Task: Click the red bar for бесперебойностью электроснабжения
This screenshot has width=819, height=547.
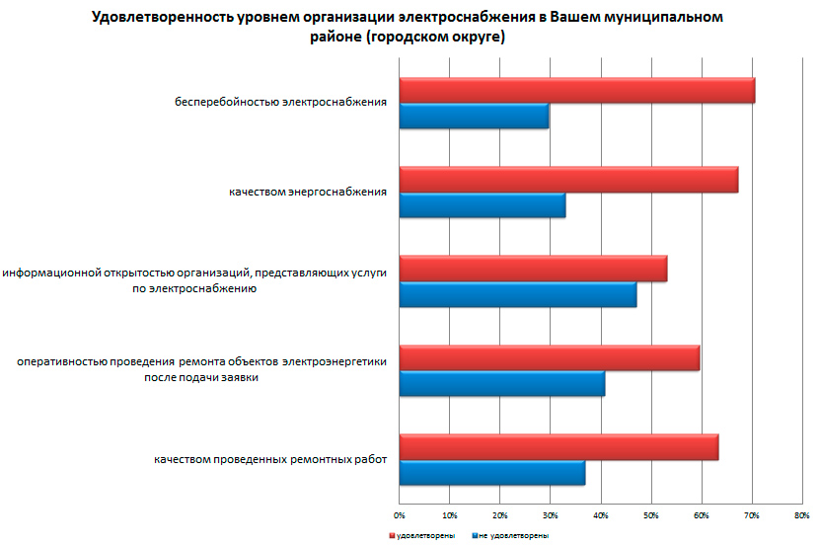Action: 577,90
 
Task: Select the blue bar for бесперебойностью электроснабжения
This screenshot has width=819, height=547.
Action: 474,116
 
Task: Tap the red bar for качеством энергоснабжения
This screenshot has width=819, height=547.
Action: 568,180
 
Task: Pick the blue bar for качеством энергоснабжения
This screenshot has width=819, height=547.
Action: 483,205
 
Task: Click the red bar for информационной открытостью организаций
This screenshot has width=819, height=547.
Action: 533,269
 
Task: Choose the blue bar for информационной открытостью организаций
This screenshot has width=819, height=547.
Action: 518,294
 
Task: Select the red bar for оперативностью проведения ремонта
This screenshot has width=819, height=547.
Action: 550,357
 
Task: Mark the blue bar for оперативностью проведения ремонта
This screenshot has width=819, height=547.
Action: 502,383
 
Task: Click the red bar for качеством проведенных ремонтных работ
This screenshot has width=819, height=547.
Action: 558,447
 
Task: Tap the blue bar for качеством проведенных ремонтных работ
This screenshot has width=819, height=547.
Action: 492,473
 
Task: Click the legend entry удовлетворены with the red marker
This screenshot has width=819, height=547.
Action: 421,535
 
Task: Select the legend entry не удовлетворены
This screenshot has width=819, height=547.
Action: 512,535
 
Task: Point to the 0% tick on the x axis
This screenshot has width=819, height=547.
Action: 400,515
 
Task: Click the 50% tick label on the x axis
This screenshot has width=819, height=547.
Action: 651,515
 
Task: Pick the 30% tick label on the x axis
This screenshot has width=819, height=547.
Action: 551,515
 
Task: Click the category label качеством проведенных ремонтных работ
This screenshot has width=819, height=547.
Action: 270,460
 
